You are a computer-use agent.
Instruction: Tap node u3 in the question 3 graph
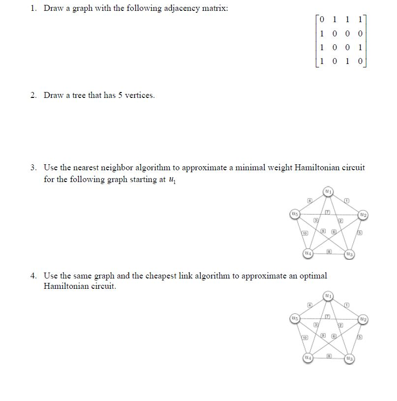click(x=350, y=254)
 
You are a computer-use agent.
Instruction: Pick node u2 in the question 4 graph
click(x=363, y=319)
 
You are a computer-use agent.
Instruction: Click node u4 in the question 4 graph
click(x=307, y=358)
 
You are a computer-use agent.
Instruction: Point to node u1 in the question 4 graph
click(x=329, y=297)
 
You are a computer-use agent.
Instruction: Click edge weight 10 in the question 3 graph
click(x=305, y=233)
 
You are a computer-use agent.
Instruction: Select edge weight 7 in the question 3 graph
click(x=326, y=211)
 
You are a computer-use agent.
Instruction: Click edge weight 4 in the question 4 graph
click(x=309, y=305)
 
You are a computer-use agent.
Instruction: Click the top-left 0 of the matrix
click(x=322, y=20)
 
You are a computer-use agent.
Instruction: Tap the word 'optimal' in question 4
click(x=313, y=276)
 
